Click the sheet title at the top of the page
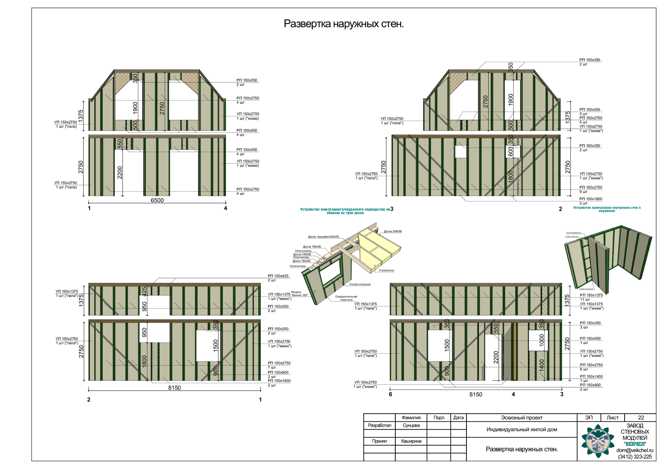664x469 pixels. [x=343, y=24]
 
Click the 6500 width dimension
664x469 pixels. [x=157, y=200]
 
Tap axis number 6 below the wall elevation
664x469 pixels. [x=390, y=394]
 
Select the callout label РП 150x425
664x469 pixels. [x=278, y=276]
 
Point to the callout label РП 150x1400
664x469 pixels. [x=591, y=376]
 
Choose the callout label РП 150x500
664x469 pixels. [x=590, y=109]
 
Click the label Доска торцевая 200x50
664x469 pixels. [x=323, y=237]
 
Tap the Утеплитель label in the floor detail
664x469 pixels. [x=386, y=270]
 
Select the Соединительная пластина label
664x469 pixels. [x=346, y=298]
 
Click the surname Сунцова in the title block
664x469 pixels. [x=411, y=425]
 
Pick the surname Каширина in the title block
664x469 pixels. [x=411, y=441]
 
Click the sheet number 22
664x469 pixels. [x=641, y=418]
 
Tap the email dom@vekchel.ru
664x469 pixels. [x=635, y=450]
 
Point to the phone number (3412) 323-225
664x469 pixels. [x=635, y=457]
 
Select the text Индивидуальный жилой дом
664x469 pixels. [x=522, y=430]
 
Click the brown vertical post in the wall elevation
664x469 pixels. [x=515, y=351]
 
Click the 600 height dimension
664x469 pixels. [x=511, y=152]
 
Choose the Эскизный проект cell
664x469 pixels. [x=522, y=418]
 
